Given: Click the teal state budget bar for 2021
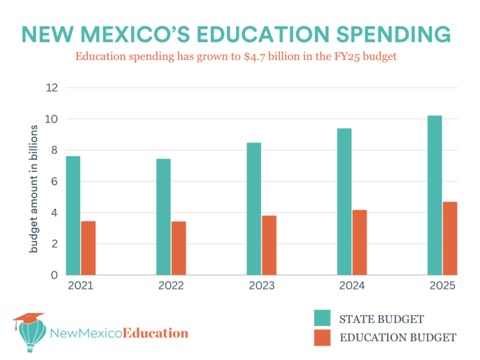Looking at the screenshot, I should [x=73, y=215].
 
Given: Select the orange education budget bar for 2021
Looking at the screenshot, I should [x=88, y=247].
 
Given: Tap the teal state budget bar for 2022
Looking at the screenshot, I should [x=163, y=216].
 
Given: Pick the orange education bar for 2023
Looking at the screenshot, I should [x=269, y=245].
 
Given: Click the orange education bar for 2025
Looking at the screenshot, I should [x=450, y=238].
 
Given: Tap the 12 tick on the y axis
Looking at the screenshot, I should [x=52, y=87].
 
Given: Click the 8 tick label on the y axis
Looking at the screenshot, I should [x=54, y=150].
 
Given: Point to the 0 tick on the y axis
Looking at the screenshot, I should [x=54, y=275].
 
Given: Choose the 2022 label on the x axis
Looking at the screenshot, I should [x=171, y=286].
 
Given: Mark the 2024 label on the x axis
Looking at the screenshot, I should [x=351, y=286].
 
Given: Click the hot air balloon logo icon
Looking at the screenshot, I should [x=28, y=332].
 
